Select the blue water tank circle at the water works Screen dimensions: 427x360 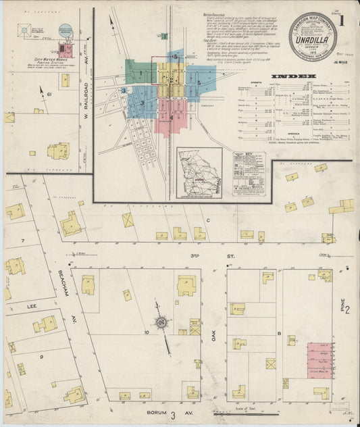point(66,30)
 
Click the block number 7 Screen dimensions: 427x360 point(22,241)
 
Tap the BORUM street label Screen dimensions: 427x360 point(151,411)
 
